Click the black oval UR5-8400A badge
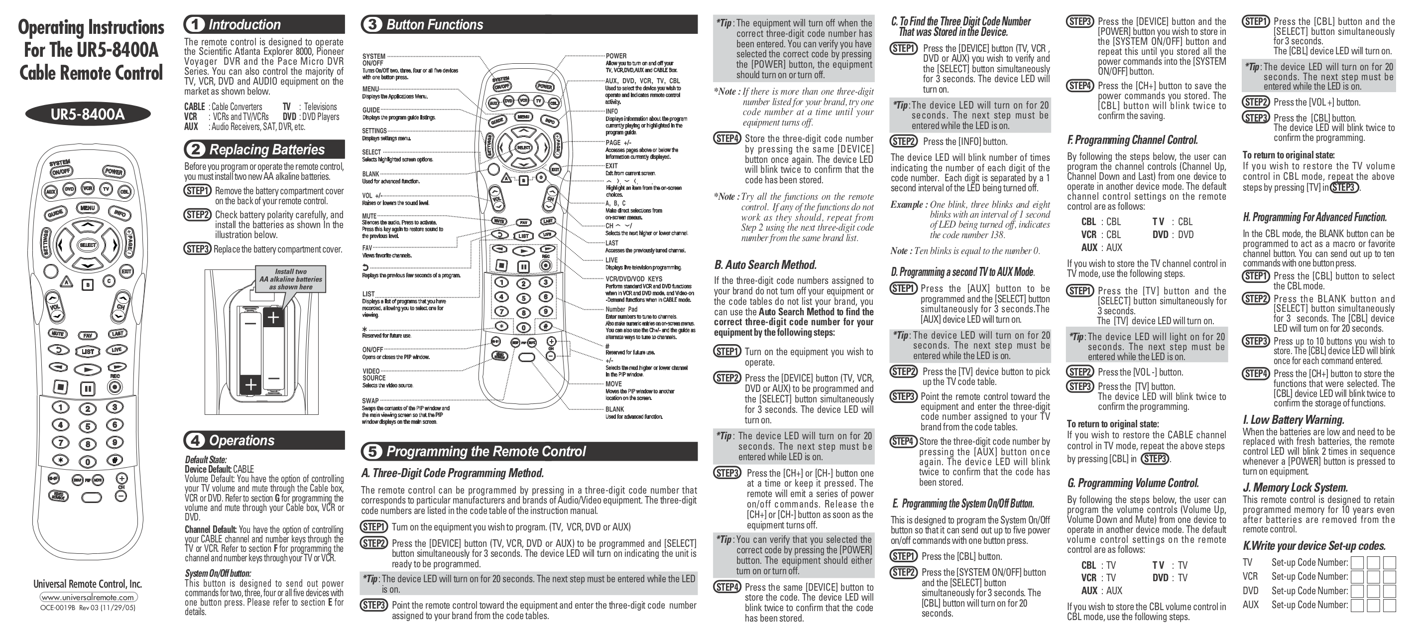pos(88,115)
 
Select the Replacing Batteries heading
pos(267,149)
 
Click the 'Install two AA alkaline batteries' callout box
pos(291,279)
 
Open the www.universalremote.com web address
pos(88,597)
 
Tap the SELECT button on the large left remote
pos(88,245)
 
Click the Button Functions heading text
pos(434,25)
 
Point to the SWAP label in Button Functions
pos(370,400)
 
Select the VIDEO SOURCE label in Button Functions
pos(373,374)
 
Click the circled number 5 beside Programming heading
pos(372,451)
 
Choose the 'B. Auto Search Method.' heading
pos(765,265)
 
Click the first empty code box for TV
pos(1357,563)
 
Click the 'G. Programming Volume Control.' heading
pos(1132,483)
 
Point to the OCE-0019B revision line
pos(88,608)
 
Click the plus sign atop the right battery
pos(273,317)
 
